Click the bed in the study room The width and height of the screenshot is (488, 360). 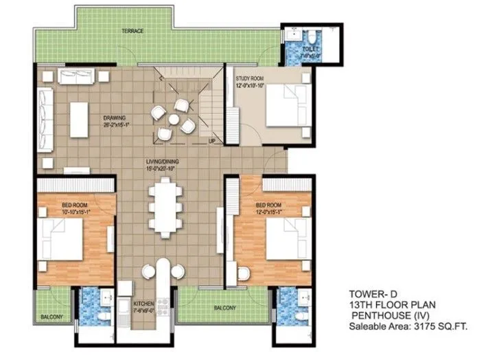point(282,105)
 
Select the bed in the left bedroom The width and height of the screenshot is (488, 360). point(62,240)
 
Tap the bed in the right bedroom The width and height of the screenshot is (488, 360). point(282,240)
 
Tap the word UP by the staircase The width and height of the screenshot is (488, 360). point(213,142)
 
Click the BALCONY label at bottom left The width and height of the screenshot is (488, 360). point(52,317)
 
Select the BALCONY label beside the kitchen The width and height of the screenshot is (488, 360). point(224,308)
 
